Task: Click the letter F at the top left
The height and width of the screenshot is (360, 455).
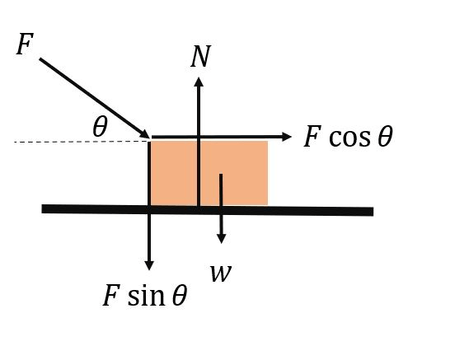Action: click(25, 44)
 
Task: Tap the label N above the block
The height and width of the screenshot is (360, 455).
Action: click(200, 56)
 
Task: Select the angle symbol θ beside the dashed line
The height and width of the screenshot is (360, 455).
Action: click(100, 127)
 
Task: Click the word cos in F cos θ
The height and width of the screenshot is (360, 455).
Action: click(349, 137)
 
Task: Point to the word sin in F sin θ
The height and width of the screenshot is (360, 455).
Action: click(146, 296)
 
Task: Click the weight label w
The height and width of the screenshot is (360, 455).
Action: click(221, 274)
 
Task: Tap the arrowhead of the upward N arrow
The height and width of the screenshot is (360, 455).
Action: click(199, 82)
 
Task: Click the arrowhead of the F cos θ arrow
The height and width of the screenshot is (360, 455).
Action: click(287, 137)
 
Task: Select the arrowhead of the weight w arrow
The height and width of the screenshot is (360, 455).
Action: click(222, 239)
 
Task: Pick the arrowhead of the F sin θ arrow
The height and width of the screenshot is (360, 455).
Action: click(149, 265)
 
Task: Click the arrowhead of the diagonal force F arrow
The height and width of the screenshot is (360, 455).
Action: click(146, 134)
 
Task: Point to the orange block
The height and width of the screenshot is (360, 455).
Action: click(209, 173)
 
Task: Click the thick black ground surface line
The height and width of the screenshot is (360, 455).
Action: click(208, 210)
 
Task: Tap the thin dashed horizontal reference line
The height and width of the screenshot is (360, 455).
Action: click(82, 142)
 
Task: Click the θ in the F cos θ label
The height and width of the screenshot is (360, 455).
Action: click(386, 136)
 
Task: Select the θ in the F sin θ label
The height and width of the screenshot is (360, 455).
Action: click(180, 296)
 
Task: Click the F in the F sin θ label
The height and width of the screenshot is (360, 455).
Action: click(111, 295)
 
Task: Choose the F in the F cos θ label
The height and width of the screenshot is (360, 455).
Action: click(312, 136)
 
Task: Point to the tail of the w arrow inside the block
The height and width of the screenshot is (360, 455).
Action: click(221, 175)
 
